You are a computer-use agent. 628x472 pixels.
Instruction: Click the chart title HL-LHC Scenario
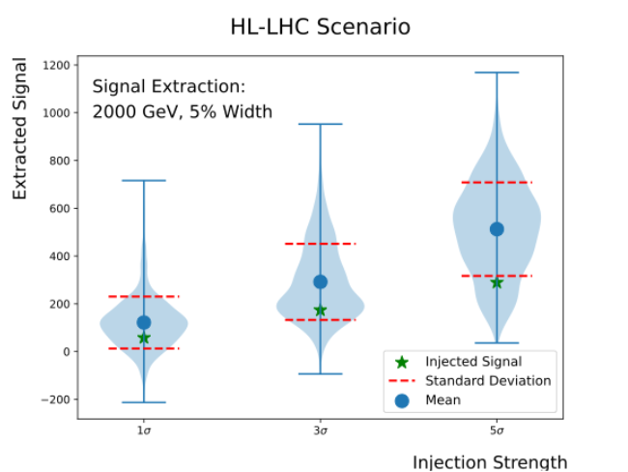[320, 26]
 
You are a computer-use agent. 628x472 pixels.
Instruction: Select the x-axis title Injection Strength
[490, 461]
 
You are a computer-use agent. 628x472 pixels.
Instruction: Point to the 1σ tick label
[144, 430]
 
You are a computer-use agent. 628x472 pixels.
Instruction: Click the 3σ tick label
[320, 430]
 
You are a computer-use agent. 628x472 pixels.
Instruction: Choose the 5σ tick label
[497, 430]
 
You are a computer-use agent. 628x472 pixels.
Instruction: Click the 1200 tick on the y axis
[54, 65]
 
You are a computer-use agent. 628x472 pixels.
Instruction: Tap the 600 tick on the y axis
[58, 208]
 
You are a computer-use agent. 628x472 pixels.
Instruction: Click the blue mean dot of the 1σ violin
[144, 322]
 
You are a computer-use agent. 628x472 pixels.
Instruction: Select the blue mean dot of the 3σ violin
[320, 281]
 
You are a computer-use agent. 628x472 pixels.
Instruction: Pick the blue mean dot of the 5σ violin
[497, 229]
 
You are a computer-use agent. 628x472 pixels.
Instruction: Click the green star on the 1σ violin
[144, 338]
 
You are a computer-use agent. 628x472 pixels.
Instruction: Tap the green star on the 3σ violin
[320, 310]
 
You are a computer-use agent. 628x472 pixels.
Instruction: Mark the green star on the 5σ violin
[497, 282]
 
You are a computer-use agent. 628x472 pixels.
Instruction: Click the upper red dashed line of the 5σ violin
[497, 182]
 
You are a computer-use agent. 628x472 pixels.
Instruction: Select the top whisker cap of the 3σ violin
[320, 124]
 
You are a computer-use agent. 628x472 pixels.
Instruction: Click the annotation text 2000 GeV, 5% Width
[182, 112]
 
